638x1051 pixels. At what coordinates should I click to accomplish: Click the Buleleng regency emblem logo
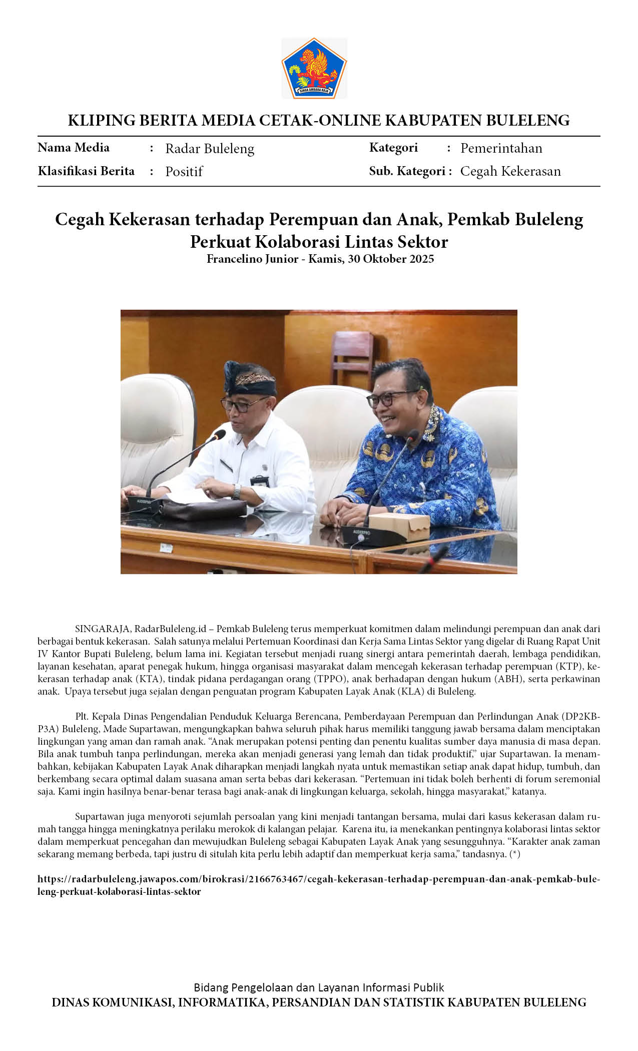314,68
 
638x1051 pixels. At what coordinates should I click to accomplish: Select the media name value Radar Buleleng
210,149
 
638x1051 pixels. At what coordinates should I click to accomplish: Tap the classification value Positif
184,172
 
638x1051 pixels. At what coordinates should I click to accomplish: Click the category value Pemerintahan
501,148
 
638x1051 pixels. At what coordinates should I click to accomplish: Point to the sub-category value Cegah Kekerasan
510,171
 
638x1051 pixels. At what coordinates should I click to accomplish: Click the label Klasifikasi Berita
86,171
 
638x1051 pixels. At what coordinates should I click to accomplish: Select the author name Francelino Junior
252,259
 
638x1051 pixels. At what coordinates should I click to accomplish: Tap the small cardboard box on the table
399,527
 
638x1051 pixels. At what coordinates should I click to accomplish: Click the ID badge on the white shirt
260,481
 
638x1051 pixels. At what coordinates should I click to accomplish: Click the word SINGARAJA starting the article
102,629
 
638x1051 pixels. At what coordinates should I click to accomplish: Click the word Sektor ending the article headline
423,242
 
